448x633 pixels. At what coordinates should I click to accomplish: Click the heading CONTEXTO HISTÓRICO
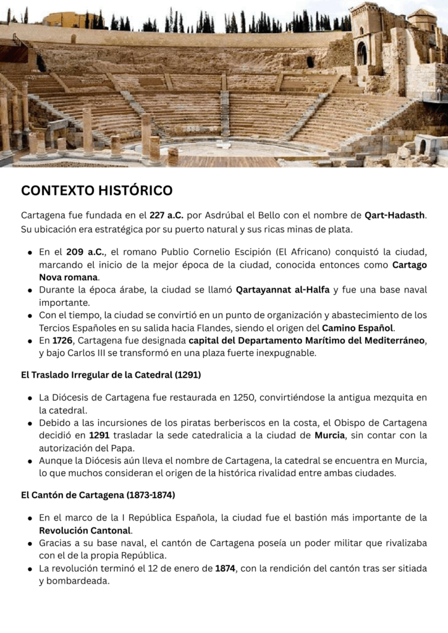click(x=97, y=190)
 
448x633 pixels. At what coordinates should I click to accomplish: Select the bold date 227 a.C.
click(x=167, y=216)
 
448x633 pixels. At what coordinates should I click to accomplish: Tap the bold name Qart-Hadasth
click(x=395, y=216)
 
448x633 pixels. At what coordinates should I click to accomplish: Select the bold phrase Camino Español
click(x=358, y=328)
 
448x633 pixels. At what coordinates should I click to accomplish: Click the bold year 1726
click(x=62, y=341)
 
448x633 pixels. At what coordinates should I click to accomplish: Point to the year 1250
click(x=246, y=397)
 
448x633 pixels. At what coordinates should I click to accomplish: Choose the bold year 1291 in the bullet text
click(x=99, y=435)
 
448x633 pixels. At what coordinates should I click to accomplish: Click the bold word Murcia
click(x=329, y=435)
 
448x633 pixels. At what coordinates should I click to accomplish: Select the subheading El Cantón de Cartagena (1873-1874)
click(x=98, y=495)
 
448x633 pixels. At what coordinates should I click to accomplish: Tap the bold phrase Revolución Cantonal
click(x=85, y=530)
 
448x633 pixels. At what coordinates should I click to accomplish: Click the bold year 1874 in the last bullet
click(x=225, y=568)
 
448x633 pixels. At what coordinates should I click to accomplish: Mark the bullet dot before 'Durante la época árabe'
click(x=30, y=291)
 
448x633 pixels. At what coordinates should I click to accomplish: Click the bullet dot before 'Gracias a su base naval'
click(x=30, y=543)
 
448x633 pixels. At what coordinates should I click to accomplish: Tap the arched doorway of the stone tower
click(x=361, y=54)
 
